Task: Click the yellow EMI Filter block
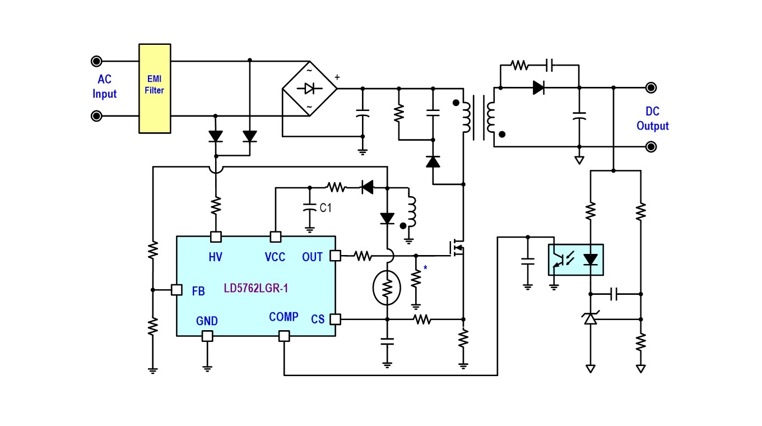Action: coord(155,89)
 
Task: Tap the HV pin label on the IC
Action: coord(215,257)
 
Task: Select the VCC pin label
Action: coord(275,257)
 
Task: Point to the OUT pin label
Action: coord(312,257)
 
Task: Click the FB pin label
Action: coord(198,291)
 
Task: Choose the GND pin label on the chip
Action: coord(207,321)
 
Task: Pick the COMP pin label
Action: coord(284,317)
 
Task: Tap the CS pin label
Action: coord(317,319)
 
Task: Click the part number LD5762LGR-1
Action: coord(256,288)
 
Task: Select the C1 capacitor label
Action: coord(326,207)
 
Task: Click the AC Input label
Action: coord(104,86)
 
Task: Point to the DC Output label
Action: coord(652,118)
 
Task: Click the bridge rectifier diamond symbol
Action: coord(309,89)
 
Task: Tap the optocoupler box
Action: coord(576,260)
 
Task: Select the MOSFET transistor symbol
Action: coord(457,248)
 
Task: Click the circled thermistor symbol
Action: coord(387,288)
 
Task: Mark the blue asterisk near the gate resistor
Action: coord(425,268)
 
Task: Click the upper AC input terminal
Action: coord(96,61)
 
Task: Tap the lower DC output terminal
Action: coord(651,147)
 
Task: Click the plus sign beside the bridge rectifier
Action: coord(337,77)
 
